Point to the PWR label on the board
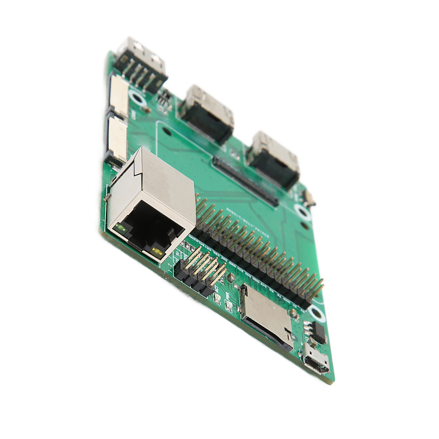227,296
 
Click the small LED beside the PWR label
228,307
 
